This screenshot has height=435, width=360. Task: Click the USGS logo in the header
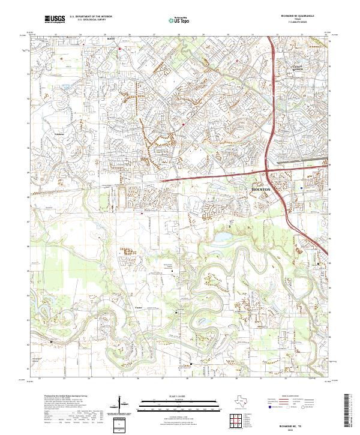click(55, 19)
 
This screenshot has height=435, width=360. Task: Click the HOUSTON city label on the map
click(260, 189)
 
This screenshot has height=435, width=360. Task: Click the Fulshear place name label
click(59, 133)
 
